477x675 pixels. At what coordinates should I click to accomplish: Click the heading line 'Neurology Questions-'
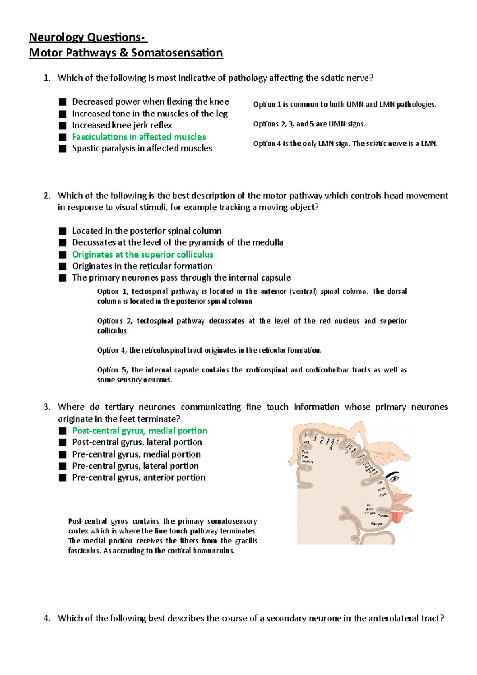88,37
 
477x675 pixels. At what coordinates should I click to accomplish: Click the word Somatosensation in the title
177,53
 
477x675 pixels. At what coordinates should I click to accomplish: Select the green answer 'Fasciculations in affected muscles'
139,137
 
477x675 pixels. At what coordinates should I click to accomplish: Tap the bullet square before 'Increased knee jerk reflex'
62,126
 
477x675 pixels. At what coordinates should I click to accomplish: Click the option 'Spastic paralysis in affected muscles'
142,148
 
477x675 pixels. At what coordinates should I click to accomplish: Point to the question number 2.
47,196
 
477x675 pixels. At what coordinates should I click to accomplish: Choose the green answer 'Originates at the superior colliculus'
143,254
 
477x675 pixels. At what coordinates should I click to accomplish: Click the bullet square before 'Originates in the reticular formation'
62,266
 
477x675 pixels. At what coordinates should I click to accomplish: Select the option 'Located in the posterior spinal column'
147,231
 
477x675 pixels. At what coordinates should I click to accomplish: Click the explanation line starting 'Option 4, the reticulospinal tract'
209,350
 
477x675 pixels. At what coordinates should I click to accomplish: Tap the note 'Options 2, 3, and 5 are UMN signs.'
309,124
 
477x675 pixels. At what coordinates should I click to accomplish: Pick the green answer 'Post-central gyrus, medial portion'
140,431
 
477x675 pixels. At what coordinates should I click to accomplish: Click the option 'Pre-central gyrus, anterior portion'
139,477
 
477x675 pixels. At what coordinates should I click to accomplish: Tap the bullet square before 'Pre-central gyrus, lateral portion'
62,466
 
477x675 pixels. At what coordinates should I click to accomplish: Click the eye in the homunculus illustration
393,477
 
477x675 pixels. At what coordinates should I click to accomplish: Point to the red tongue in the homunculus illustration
397,517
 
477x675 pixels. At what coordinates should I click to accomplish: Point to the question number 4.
47,618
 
